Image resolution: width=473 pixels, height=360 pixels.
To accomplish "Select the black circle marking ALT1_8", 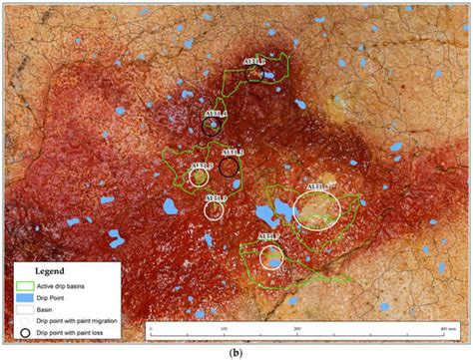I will (x=256, y=73).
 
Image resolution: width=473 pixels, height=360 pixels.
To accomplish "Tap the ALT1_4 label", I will (x=217, y=114).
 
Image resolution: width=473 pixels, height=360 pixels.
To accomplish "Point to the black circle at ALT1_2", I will (x=230, y=166).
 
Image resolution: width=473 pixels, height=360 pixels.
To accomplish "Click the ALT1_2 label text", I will (x=233, y=152).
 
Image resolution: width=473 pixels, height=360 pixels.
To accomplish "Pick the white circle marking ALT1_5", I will (x=200, y=178).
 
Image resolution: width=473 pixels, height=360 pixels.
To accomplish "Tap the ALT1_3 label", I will (x=216, y=198).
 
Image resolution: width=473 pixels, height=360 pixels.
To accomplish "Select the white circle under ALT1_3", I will (x=215, y=210).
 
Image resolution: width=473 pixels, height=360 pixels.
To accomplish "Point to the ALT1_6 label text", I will (x=319, y=186).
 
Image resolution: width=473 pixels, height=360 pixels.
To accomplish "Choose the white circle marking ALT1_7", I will (x=271, y=256).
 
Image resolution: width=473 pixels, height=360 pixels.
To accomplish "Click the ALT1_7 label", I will (x=269, y=236).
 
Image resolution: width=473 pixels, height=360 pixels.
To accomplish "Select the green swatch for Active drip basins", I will (x=22, y=285).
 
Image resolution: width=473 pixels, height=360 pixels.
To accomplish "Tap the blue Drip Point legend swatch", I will (x=22, y=297).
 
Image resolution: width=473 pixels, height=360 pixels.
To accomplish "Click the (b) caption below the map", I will (x=236, y=351).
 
